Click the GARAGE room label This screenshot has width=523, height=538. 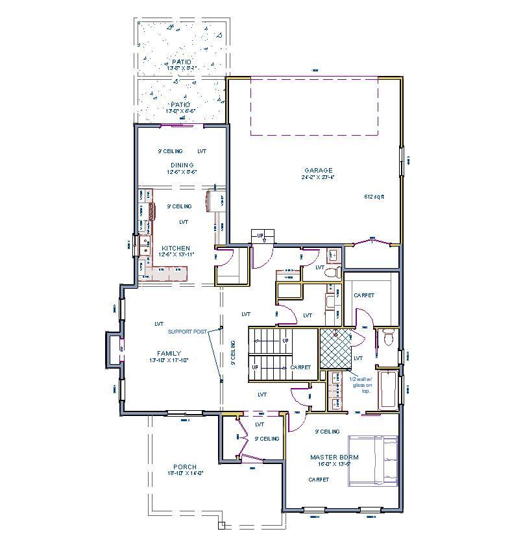click(x=318, y=170)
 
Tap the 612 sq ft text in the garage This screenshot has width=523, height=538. click(x=374, y=196)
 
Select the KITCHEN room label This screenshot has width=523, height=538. click(x=175, y=249)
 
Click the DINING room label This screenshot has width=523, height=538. click(x=182, y=165)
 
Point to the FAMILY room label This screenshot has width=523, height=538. click(x=169, y=354)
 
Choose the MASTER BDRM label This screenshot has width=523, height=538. click(x=334, y=457)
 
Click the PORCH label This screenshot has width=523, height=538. click(x=185, y=467)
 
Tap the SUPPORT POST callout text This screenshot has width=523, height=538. click(x=187, y=332)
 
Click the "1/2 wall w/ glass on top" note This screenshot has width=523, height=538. click(x=361, y=385)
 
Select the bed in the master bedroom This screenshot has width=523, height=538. click(x=373, y=461)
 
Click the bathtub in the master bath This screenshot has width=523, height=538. click(x=387, y=389)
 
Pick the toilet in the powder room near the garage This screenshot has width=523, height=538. click(x=332, y=272)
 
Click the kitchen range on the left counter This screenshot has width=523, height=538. click(x=152, y=212)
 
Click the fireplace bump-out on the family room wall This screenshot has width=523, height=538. click(x=114, y=350)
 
